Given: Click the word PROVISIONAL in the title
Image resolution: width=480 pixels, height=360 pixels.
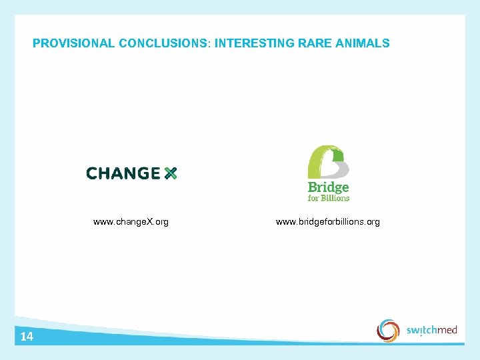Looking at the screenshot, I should tap(73, 43).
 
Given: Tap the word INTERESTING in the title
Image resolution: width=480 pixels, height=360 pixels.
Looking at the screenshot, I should tap(251, 43).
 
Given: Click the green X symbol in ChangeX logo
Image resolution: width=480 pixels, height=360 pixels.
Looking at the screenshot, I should tap(170, 173).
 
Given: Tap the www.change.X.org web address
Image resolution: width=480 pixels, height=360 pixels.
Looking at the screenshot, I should tap(131, 221).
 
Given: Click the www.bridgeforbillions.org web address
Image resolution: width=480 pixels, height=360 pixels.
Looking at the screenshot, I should tap(328, 221).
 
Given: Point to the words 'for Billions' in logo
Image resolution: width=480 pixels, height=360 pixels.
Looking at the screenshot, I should tap(328, 198).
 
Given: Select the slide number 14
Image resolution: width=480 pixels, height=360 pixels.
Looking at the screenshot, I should tap(27, 337).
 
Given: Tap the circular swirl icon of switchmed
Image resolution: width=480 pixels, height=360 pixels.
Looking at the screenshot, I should tap(388, 330).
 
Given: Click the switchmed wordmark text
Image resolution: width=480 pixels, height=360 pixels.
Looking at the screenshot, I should tap(431, 330).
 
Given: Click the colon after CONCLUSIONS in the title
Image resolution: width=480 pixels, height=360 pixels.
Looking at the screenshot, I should tap(210, 44).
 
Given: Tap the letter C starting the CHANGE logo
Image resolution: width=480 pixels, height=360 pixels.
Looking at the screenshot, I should tap(92, 173).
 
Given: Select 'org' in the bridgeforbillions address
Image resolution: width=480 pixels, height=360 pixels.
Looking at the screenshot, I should tap(373, 222).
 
